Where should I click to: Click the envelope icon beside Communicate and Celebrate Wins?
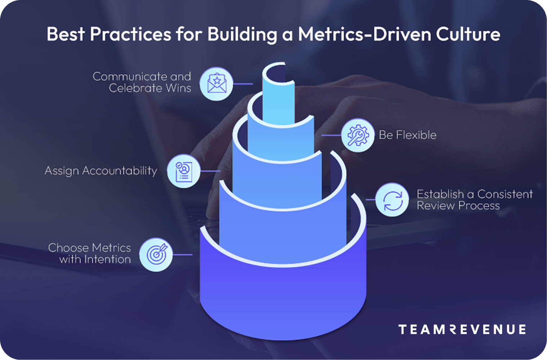(216, 84)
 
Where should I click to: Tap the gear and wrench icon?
(358, 135)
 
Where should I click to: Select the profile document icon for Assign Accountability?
(184, 171)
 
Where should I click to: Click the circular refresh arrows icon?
(392, 200)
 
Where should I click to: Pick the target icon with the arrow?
(156, 254)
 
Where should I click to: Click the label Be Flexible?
(408, 135)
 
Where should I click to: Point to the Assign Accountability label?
(101, 171)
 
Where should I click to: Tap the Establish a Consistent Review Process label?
(475, 200)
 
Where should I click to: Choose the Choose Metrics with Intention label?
(90, 253)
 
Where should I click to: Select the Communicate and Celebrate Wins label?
(142, 82)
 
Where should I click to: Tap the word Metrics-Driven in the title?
(364, 35)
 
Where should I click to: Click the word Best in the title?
(66, 35)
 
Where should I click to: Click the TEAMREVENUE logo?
(462, 329)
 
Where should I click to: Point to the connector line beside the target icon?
(183, 255)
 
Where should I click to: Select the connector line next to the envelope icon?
(243, 84)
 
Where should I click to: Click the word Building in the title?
(242, 35)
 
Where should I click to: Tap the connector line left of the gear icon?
(331, 135)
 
